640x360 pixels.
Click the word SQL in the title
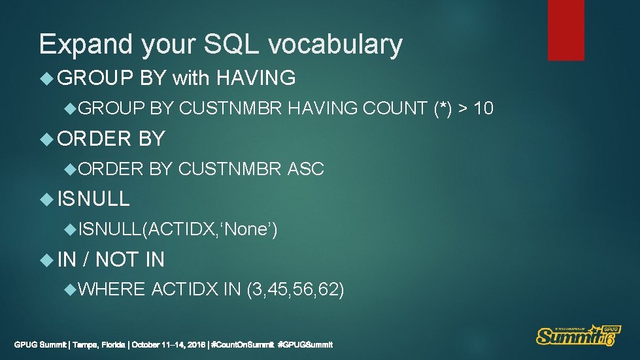[x=229, y=44]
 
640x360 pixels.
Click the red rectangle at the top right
[x=565, y=30]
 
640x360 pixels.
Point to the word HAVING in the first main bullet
[x=256, y=79]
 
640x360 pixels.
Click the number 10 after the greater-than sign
[x=483, y=108]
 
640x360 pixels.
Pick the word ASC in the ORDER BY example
[x=306, y=169]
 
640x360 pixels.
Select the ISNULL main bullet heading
[x=93, y=199]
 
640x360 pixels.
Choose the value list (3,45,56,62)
[x=295, y=289]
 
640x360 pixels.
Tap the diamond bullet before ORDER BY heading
[x=46, y=139]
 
